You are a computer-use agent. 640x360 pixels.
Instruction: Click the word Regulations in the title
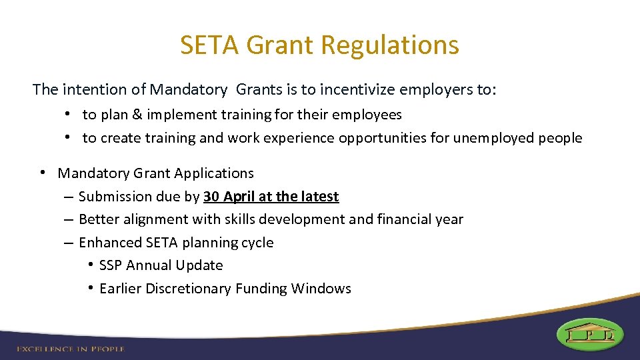point(390,45)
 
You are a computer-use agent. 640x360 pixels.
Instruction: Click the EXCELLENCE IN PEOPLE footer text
point(71,349)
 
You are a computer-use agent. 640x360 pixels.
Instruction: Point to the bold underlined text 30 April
point(229,197)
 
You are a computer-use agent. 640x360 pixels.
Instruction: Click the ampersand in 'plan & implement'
point(137,115)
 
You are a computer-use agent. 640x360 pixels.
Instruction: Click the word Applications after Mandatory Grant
point(214,173)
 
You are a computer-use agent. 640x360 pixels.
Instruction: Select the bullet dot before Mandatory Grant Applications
point(41,173)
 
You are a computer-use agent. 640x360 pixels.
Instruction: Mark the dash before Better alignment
point(69,220)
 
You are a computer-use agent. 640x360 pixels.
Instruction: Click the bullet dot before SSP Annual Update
point(89,265)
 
